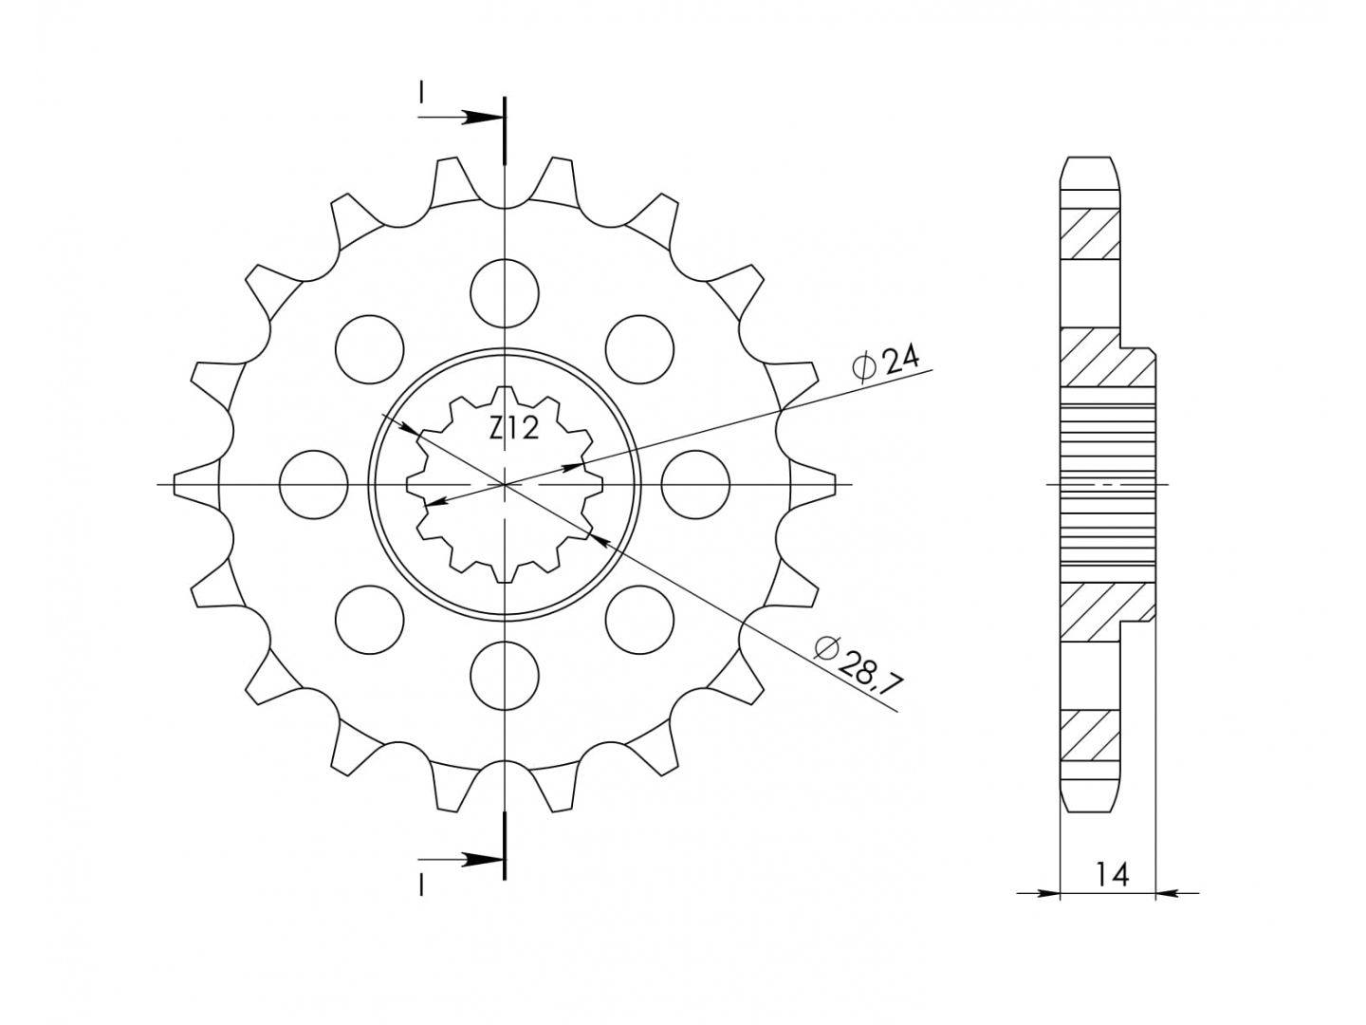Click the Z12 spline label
tap(513, 429)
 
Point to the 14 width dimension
tap(1112, 875)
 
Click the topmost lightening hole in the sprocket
tap(505, 293)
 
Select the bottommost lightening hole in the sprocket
tap(505, 676)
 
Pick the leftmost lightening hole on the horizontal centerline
tap(314, 484)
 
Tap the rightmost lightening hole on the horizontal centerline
tap(695, 484)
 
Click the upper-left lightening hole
tap(370, 349)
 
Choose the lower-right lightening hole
tap(639, 620)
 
